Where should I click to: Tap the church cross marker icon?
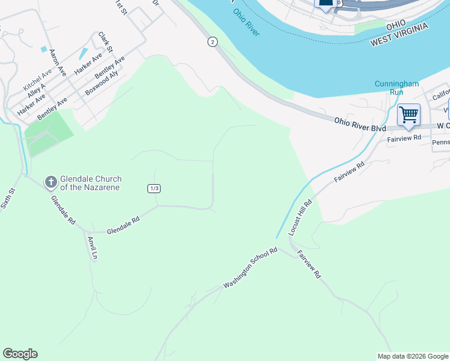(x=51, y=181)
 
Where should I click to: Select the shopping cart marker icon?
(x=408, y=114)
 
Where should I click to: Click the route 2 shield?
(x=212, y=42)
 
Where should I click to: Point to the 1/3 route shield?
(x=154, y=188)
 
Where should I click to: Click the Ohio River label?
(x=247, y=22)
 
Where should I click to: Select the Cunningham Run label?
(x=396, y=88)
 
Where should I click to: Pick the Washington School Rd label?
(x=250, y=268)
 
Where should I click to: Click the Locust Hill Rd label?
(x=300, y=217)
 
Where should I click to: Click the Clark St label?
(x=106, y=42)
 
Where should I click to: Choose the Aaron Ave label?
(x=58, y=62)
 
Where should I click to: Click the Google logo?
(x=20, y=354)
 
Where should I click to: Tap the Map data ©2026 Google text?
(x=413, y=356)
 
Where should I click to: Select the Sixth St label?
(x=8, y=197)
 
